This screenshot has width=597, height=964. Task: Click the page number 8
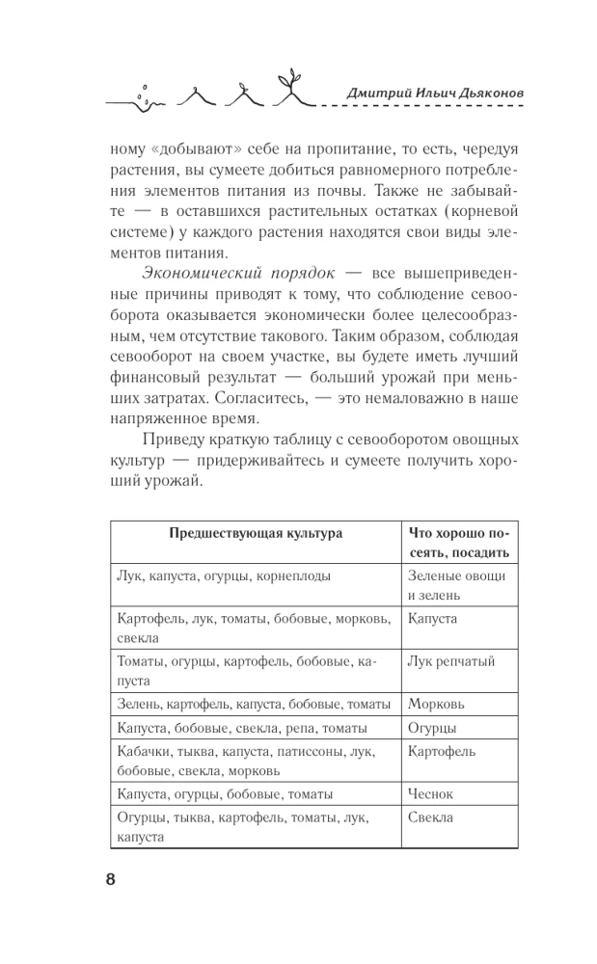109,879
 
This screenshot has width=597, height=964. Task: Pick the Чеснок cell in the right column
430,793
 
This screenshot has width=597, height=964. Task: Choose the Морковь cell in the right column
436,704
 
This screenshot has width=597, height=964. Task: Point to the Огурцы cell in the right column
432,728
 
